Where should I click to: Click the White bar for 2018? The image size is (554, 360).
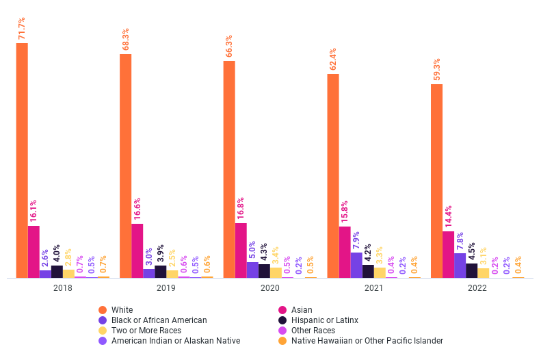pos(22,160)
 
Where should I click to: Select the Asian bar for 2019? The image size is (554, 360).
pos(137,250)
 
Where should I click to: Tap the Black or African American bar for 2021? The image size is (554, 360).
pos(356,265)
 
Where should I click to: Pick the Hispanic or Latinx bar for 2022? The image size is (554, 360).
pos(471,270)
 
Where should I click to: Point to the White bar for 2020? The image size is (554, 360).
pos(229,169)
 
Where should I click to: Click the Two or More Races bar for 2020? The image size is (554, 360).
pos(276,272)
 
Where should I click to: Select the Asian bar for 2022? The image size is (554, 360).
pos(448,254)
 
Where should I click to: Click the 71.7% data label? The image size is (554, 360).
pos(23,28)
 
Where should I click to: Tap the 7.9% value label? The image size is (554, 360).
pos(356,242)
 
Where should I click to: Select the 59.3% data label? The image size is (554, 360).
pos(436,69)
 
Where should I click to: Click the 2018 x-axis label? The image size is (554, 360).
pos(62,288)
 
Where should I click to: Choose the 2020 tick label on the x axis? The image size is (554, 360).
pos(269,288)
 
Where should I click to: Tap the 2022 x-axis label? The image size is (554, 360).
pos(477,288)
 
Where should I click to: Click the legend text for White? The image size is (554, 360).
pos(122,310)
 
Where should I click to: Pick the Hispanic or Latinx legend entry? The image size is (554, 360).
pos(324,320)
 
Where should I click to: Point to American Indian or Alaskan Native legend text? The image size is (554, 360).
pos(175,341)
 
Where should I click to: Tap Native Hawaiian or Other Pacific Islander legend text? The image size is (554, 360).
pos(367,341)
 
